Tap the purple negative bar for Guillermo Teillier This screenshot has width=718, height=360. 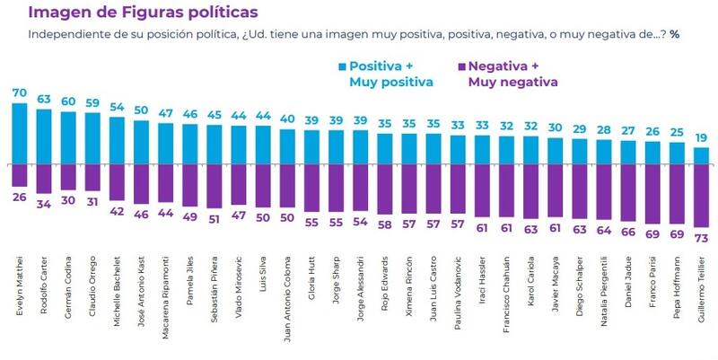click(703, 195)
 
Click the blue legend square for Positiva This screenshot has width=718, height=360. click(341, 66)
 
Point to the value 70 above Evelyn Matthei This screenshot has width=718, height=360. click(19, 92)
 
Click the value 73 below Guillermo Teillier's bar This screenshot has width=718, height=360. click(703, 237)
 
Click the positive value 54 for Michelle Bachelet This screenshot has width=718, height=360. click(117, 107)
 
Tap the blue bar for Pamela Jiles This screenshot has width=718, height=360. click(189, 144)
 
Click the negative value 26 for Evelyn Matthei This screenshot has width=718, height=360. click(19, 197)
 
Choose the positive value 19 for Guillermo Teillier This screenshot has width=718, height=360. click(703, 137)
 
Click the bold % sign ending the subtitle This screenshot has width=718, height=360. click(674, 35)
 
